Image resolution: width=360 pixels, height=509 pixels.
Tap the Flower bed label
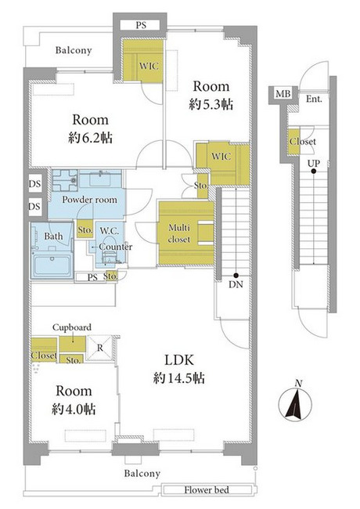207,490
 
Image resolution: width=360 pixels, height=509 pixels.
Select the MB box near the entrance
283,94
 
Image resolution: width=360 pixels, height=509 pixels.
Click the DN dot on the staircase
236,275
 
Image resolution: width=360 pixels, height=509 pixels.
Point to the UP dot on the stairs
313,171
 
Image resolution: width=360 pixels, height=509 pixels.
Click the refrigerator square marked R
100,348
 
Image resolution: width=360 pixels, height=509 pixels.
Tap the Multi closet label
179,233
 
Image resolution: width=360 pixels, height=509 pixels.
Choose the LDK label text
179,360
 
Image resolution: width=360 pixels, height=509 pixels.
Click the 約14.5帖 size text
178,378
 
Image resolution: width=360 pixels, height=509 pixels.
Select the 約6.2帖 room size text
90,139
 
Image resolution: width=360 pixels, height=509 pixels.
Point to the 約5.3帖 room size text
211,104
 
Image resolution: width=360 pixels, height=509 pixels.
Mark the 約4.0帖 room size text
74,410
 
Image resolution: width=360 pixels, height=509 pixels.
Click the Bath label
53,236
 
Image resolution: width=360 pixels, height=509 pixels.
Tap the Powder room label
89,200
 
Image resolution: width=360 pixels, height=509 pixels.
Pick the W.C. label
110,231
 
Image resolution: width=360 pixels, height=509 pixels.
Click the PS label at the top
141,25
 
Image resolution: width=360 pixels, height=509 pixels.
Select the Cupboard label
72,327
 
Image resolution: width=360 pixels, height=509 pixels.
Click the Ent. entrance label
314,99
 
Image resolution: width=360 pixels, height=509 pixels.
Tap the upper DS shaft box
34,184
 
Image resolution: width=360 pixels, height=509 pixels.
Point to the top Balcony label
74,50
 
